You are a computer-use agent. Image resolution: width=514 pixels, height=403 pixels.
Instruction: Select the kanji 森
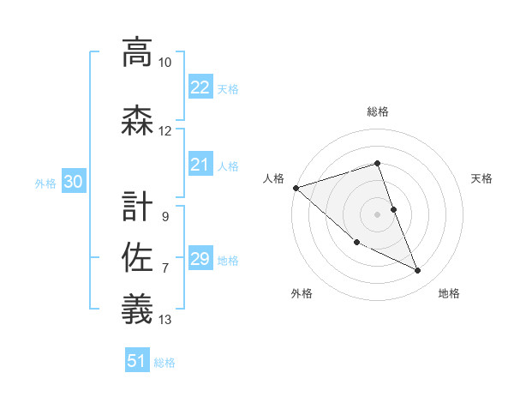(x=137, y=121)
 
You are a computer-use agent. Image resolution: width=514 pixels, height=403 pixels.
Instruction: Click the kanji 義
(x=137, y=308)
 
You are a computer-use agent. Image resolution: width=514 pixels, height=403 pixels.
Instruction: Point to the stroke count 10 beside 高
(x=164, y=63)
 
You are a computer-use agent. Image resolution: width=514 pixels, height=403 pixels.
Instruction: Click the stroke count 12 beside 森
(x=164, y=131)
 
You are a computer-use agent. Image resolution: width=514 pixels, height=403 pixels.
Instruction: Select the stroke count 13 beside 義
(x=164, y=320)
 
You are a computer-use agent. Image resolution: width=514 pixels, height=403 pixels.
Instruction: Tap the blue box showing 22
(x=200, y=87)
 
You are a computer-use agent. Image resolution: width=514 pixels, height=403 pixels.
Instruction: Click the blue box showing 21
(x=200, y=165)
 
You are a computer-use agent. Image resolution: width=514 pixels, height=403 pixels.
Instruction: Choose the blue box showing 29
(x=200, y=259)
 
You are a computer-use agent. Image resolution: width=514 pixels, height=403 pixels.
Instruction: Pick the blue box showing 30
(x=73, y=182)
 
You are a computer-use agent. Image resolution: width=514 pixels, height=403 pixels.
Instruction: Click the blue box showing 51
(x=137, y=361)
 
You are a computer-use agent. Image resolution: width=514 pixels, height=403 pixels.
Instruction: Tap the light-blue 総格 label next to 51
(x=164, y=363)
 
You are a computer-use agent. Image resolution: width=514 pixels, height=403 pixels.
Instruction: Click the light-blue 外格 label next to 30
(x=45, y=183)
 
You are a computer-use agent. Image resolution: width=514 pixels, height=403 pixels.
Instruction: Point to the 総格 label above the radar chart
(x=378, y=111)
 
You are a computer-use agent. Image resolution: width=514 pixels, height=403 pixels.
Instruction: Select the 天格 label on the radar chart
(x=482, y=178)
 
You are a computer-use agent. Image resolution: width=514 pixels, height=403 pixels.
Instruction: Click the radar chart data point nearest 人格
(x=296, y=188)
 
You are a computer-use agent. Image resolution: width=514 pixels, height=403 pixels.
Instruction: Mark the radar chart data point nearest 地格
(x=418, y=270)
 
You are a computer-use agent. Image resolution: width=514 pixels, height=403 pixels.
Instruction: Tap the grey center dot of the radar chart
(x=378, y=214)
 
